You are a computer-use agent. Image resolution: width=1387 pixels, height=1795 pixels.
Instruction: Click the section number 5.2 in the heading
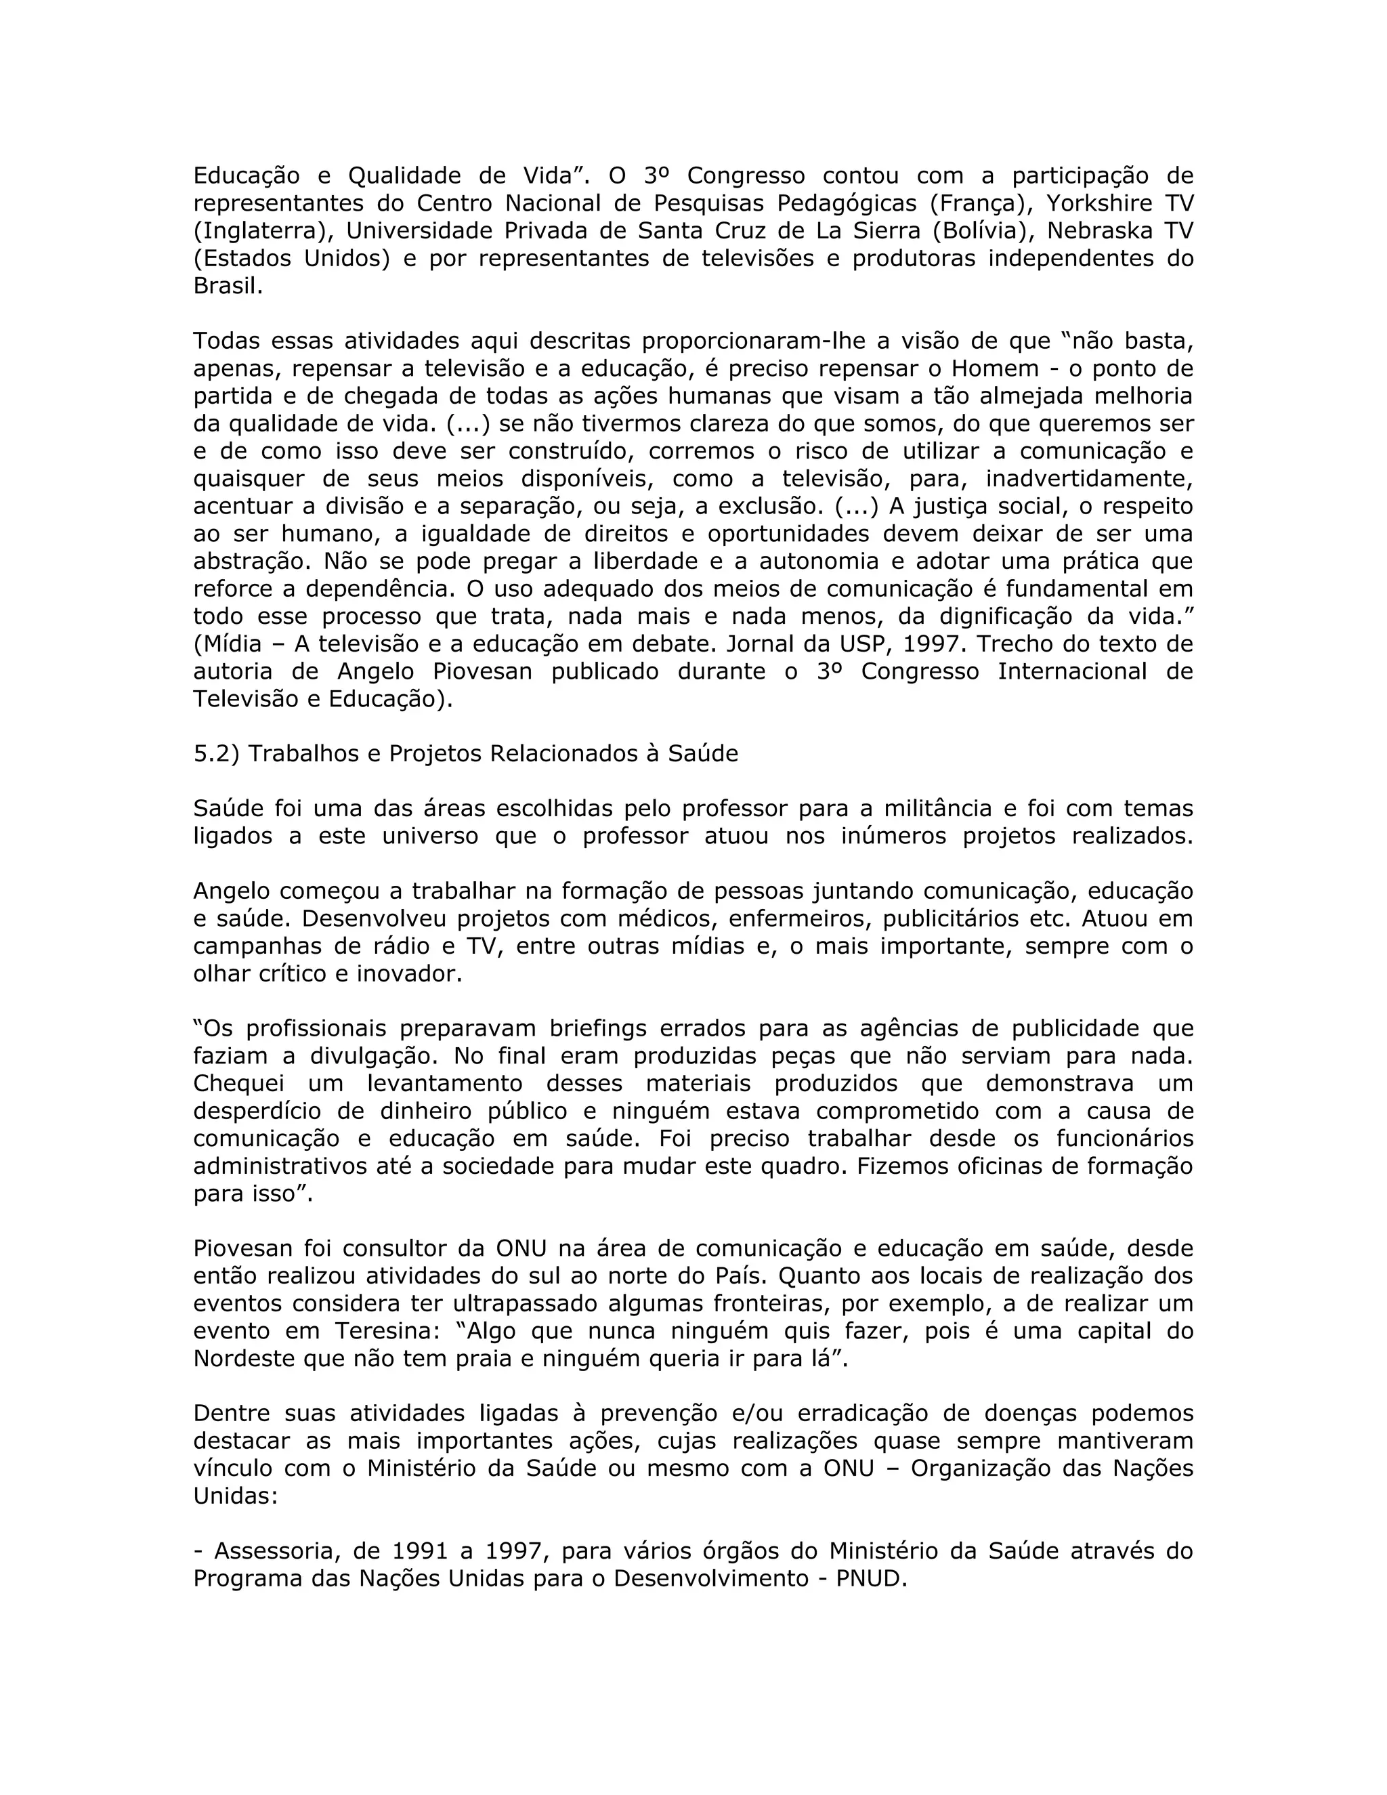pyautogui.click(x=216, y=754)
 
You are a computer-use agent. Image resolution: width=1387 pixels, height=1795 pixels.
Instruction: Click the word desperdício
pyautogui.click(x=257, y=1111)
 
